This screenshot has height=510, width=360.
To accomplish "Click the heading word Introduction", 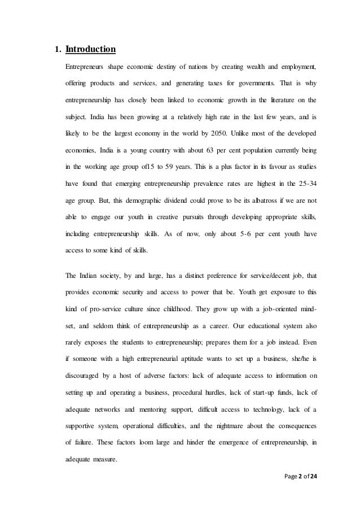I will (90, 50).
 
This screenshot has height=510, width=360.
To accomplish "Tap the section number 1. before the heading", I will (57, 50).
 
